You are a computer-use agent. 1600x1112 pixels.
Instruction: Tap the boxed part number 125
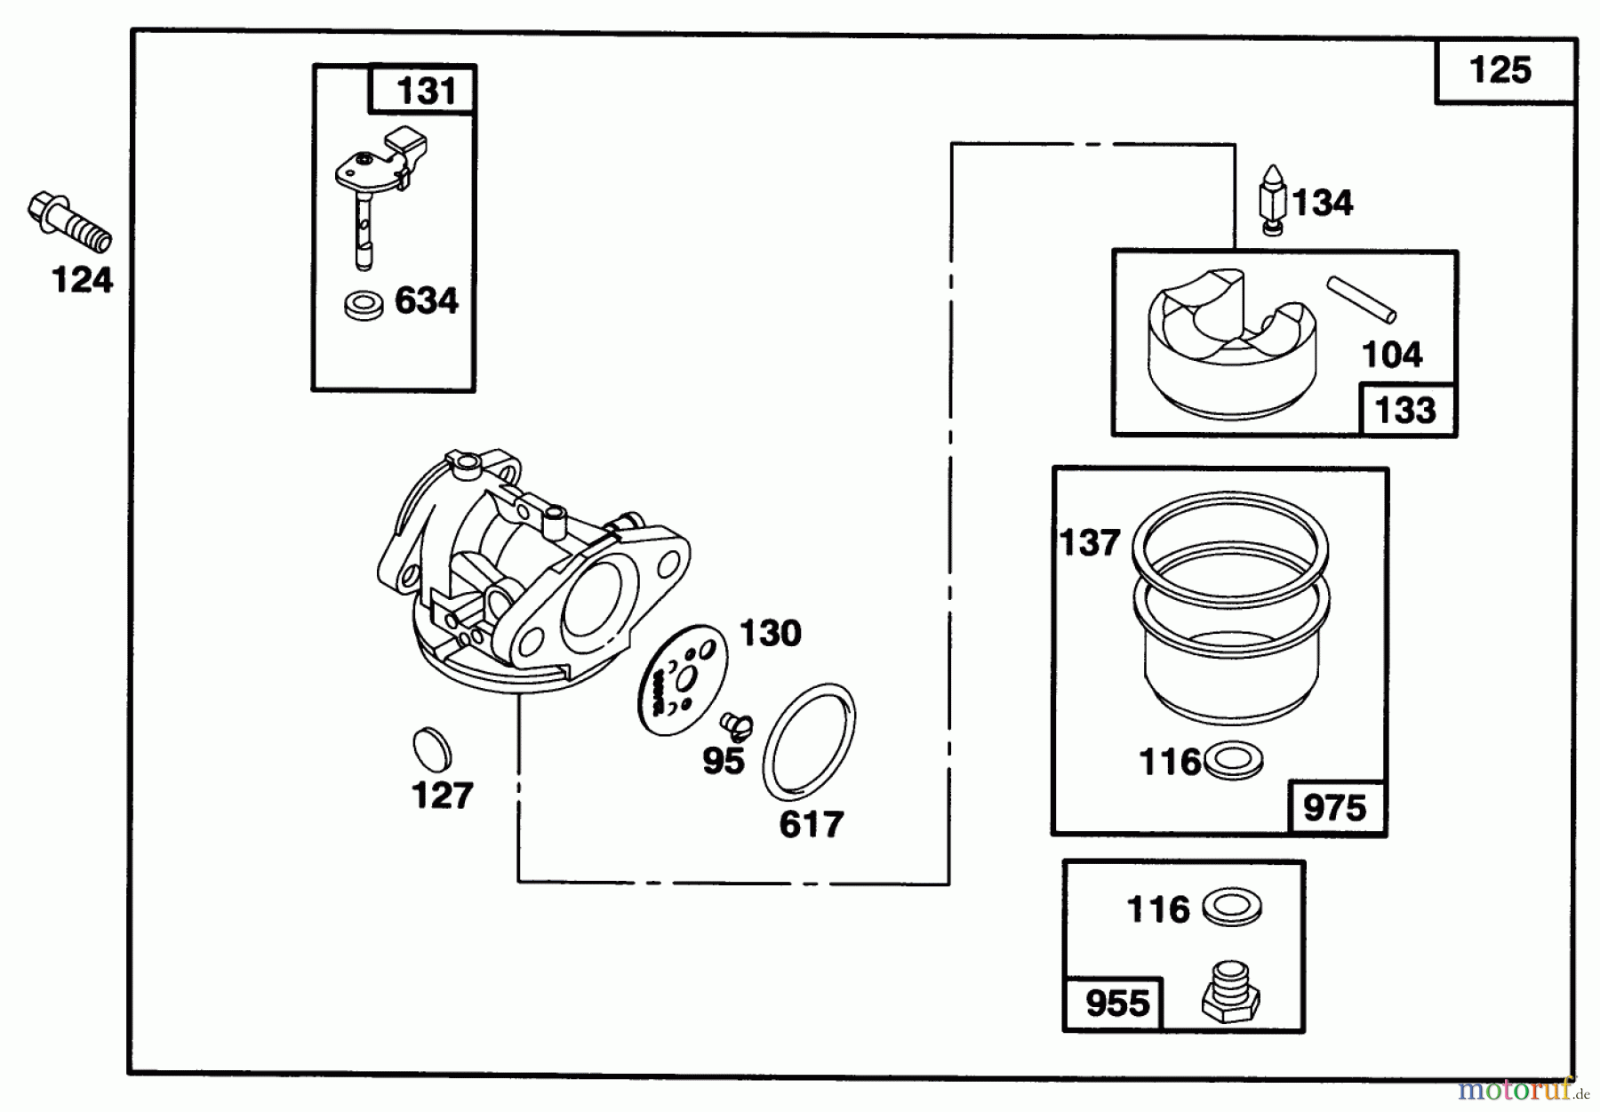(1500, 70)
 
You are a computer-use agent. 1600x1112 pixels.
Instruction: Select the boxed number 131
(426, 91)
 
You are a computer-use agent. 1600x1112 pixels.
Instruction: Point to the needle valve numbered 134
(1272, 199)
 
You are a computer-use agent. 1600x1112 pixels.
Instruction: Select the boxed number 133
(1405, 411)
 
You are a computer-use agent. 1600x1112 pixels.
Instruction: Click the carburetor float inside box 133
(1229, 342)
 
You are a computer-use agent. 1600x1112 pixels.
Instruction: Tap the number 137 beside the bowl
(1090, 542)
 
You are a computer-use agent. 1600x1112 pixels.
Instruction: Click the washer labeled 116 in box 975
(1231, 762)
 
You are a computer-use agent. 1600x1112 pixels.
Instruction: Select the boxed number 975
(1334, 808)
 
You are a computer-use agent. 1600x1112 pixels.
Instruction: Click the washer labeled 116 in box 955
(1231, 908)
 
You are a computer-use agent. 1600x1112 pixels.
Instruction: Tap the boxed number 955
(1117, 1004)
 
